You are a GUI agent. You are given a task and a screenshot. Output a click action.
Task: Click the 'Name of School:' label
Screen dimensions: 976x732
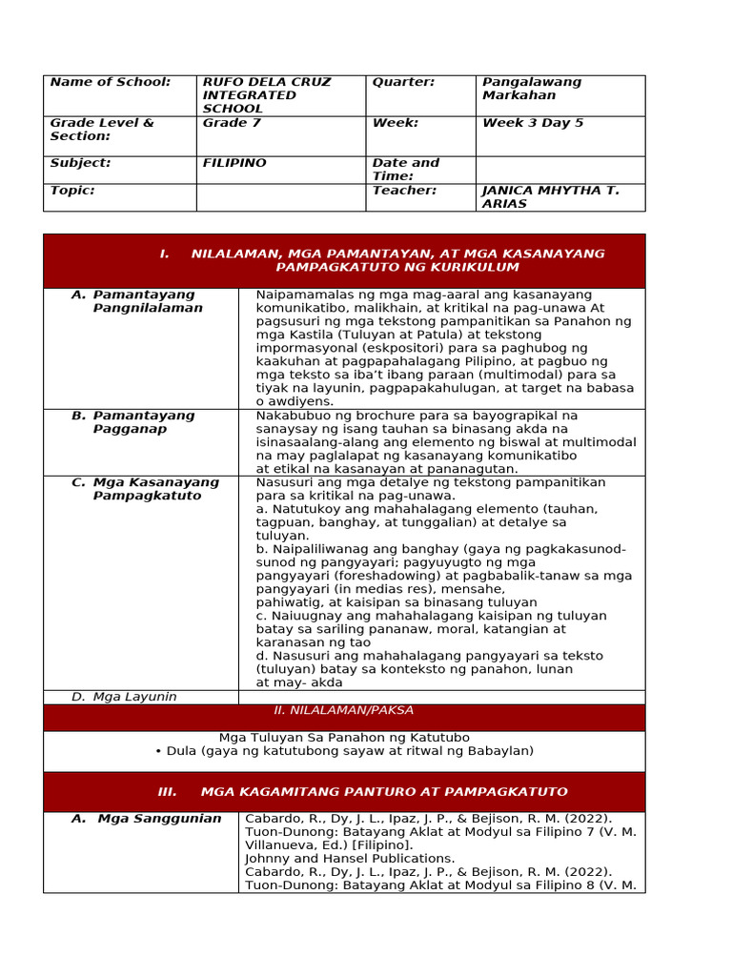click(x=111, y=82)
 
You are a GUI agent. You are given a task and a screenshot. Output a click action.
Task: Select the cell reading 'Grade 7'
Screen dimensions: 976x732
click(x=227, y=123)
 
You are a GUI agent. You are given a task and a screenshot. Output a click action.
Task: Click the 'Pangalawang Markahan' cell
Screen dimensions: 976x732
click(x=532, y=89)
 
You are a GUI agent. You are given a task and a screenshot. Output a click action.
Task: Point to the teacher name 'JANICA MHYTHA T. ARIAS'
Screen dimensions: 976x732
click(x=551, y=197)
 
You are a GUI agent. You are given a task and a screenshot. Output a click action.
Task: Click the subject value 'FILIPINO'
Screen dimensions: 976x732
click(x=234, y=163)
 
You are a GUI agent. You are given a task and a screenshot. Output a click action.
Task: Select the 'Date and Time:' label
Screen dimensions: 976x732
click(x=406, y=170)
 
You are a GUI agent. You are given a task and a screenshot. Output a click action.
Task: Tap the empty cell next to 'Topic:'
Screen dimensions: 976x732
click(x=281, y=197)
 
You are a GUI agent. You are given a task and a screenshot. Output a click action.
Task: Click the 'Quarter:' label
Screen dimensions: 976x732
click(x=403, y=82)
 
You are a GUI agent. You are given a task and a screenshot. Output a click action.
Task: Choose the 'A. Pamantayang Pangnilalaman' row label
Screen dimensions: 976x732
click(x=143, y=301)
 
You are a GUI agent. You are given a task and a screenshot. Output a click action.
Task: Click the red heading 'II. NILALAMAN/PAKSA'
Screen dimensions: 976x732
click(x=344, y=711)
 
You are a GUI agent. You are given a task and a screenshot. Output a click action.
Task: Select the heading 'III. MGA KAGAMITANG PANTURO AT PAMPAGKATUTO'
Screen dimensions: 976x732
click(x=362, y=792)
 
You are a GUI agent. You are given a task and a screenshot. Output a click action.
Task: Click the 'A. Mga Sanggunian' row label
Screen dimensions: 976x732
click(x=147, y=819)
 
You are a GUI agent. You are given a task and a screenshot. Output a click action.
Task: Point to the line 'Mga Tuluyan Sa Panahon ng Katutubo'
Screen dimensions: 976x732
click(x=344, y=738)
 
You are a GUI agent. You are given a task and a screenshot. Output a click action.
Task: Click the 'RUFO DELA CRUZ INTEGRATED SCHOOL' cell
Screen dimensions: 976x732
click(x=267, y=95)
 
